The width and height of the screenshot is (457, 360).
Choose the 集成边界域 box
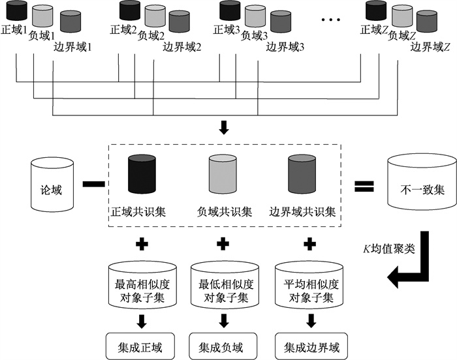(307, 342)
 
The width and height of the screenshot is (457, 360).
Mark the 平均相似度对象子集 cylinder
(307, 285)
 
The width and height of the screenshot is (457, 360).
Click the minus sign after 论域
(93, 185)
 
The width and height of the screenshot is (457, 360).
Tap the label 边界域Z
(430, 47)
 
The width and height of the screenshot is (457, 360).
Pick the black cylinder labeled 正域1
(16, 11)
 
